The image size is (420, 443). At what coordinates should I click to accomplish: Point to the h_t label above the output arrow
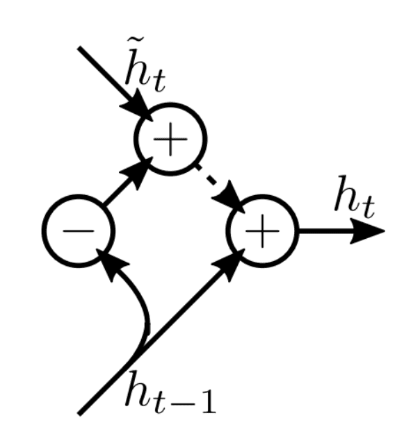353,197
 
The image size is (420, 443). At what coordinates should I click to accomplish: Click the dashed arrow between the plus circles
217,184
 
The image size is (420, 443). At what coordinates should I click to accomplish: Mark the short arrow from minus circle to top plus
125,184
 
